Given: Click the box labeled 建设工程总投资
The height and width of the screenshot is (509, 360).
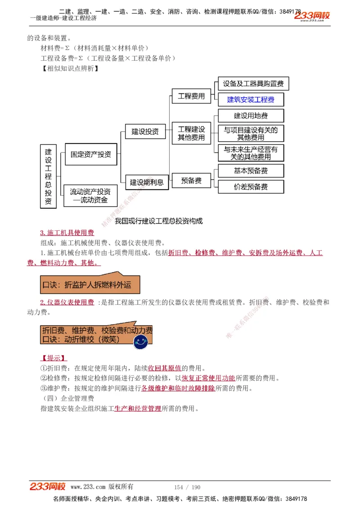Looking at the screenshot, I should [x=49, y=176].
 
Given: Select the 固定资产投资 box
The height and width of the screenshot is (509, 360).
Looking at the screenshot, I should [x=91, y=154].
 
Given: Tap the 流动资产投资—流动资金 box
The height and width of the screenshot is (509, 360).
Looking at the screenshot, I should [x=90, y=196].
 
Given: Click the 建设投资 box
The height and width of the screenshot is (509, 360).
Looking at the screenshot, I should [x=145, y=132].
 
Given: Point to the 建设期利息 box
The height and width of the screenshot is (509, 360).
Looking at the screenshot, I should [x=147, y=182].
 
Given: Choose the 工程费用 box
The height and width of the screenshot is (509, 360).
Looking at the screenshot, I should [x=191, y=96].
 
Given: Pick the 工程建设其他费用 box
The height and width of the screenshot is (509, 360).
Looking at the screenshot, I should [x=191, y=134].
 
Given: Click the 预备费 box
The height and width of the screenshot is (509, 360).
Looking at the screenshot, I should [x=191, y=181].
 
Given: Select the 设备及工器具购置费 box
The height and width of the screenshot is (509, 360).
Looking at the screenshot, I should [x=253, y=84].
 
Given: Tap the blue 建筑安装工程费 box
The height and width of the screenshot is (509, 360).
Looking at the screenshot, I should [x=251, y=99].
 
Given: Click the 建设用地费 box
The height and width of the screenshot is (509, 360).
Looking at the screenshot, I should [x=251, y=116].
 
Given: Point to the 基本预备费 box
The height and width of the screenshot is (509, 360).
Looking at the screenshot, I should [x=251, y=171].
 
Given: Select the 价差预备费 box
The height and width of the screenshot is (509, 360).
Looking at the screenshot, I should [x=251, y=187].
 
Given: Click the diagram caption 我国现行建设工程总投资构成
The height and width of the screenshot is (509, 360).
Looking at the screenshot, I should [x=159, y=221].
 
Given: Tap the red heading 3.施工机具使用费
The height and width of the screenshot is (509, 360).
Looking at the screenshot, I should [x=67, y=232].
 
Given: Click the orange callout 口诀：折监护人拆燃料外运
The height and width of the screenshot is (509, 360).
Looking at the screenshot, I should [x=90, y=284].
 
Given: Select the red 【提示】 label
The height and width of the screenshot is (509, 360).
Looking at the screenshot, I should [x=54, y=358].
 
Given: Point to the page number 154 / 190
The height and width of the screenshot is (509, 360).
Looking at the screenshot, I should [x=187, y=487].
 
